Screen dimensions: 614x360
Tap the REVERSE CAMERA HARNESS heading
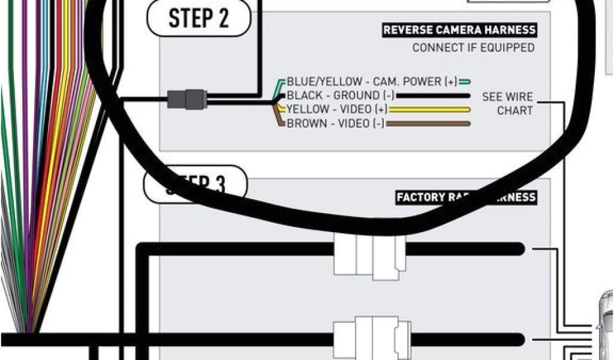click(459, 30)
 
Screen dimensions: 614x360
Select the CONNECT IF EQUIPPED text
click(473, 47)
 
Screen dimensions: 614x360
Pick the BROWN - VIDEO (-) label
click(336, 124)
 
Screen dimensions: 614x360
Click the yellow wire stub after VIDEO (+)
click(429, 110)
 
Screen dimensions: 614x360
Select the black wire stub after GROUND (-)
click(432, 95)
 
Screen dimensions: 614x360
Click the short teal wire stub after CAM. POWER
click(464, 82)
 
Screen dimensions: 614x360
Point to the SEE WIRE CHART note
click(507, 103)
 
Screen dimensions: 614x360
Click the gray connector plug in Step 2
click(186, 98)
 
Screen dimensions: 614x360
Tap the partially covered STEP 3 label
click(195, 184)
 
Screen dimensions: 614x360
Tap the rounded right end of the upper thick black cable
click(518, 248)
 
